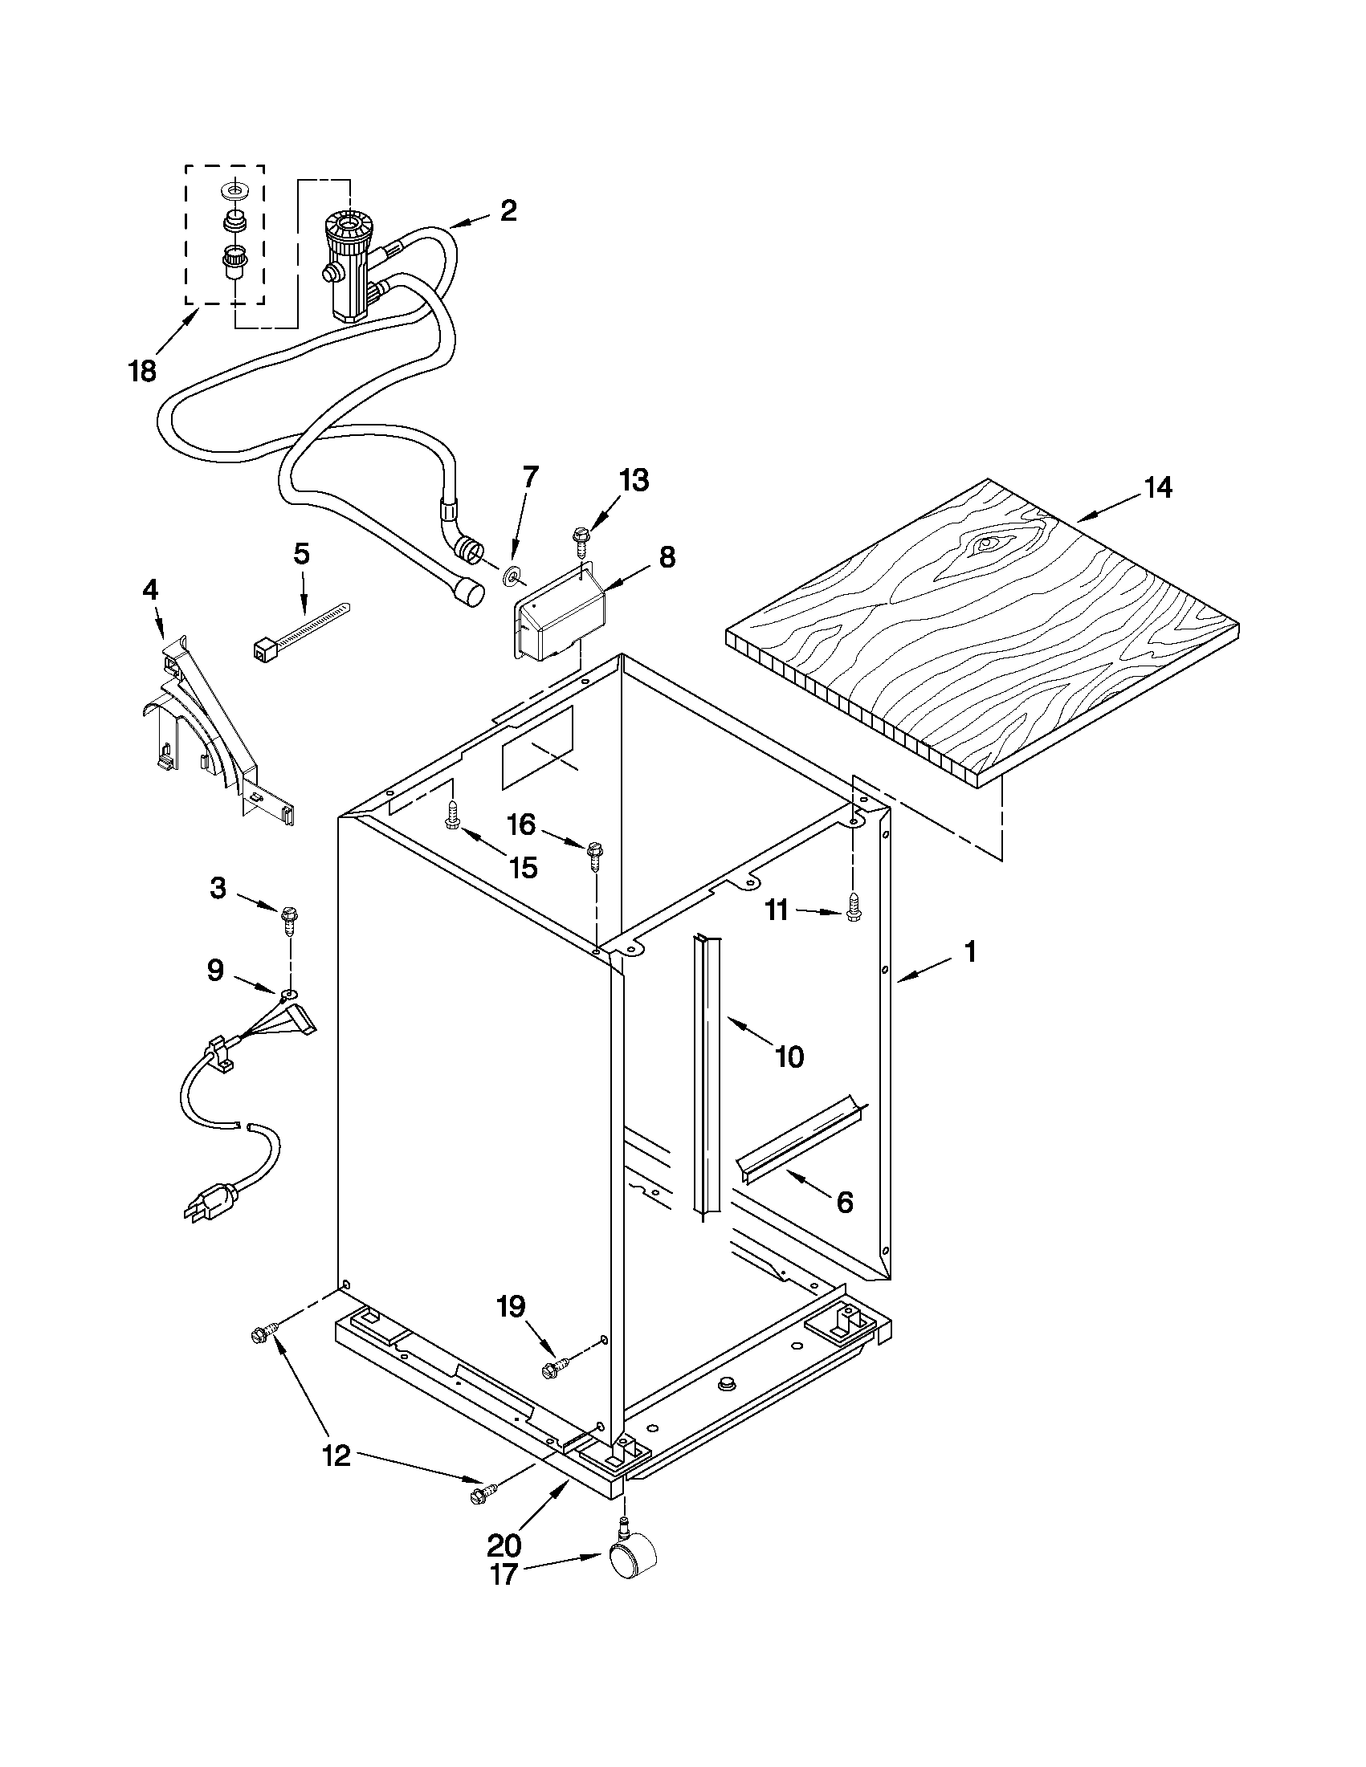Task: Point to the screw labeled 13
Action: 581,537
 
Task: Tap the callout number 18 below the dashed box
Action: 142,372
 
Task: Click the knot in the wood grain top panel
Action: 986,544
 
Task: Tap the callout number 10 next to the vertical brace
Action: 789,1056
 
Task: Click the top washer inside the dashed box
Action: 235,191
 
